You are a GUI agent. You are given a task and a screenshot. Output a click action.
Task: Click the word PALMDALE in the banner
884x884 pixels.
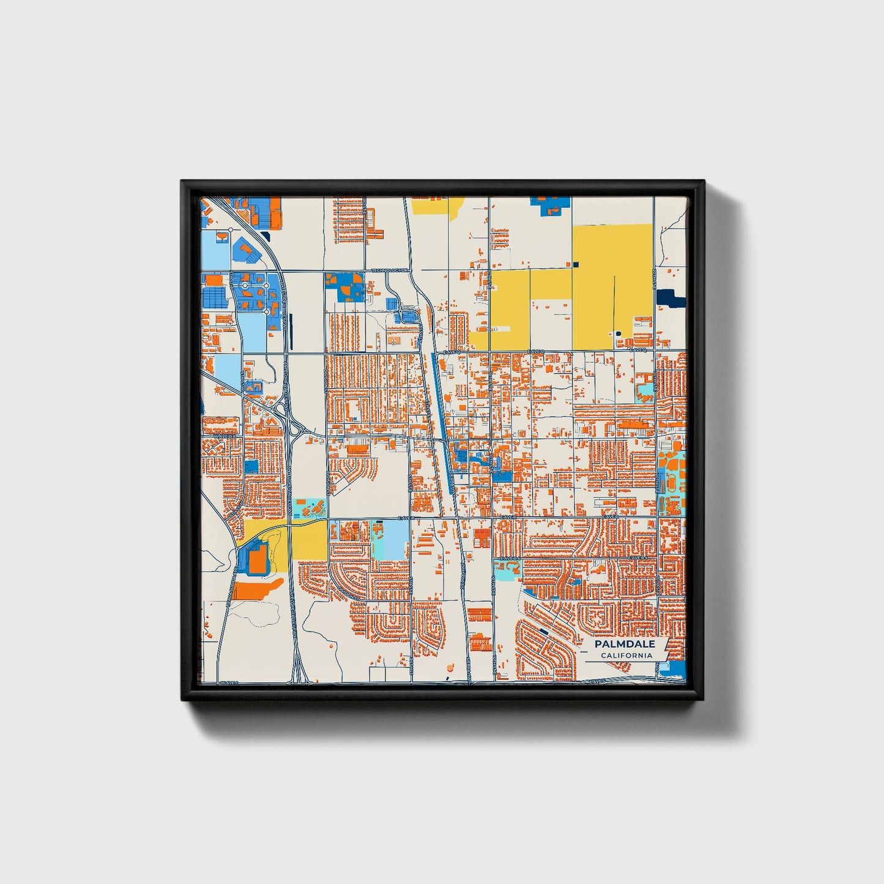point(624,644)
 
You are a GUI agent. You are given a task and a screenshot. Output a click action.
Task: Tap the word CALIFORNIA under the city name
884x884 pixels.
point(626,656)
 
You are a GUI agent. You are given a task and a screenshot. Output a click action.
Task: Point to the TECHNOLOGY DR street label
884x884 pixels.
point(389,270)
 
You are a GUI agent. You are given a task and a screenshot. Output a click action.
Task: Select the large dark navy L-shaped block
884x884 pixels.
point(670,298)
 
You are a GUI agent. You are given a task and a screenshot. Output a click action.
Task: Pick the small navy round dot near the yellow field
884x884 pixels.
point(618,333)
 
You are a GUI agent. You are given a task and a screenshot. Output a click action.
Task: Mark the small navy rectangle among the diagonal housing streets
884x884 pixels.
point(544,631)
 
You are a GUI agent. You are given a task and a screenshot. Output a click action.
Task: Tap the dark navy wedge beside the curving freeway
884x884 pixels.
point(264,236)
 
